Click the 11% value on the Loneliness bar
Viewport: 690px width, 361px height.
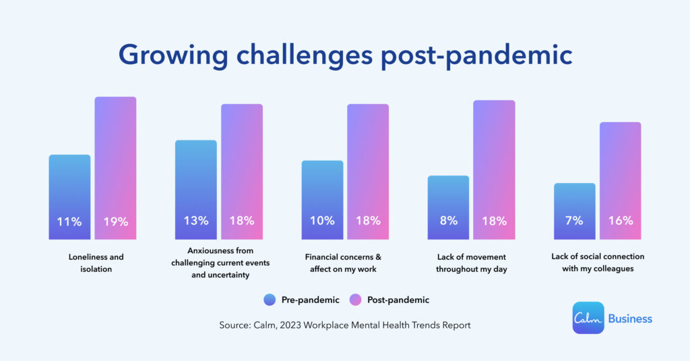(69, 221)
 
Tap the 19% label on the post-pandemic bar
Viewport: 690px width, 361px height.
(115, 221)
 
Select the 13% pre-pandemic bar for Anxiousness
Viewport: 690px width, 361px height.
(195, 189)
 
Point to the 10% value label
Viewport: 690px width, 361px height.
(322, 221)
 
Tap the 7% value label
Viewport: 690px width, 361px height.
(574, 221)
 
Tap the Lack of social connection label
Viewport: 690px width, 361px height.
(597, 262)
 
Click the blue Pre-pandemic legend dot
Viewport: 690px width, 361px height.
(270, 300)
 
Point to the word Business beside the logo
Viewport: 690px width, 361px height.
(630, 318)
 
